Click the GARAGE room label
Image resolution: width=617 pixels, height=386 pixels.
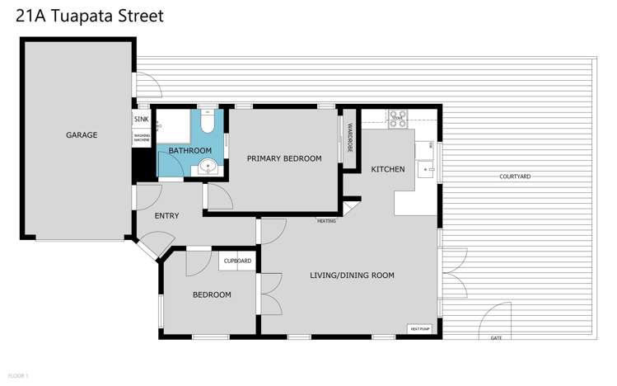[x=82, y=135]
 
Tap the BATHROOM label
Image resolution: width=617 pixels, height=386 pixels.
[x=190, y=151]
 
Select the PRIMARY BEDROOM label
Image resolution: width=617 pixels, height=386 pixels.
[x=284, y=158]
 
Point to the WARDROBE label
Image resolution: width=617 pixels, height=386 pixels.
[x=349, y=139]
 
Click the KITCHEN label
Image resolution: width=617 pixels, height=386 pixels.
[x=388, y=169]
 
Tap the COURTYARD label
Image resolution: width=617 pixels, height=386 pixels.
[x=515, y=177]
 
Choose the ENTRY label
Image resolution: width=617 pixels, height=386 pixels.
[x=167, y=216]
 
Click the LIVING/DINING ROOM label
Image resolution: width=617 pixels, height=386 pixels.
[x=352, y=275]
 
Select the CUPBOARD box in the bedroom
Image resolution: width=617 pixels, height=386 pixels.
[x=237, y=261]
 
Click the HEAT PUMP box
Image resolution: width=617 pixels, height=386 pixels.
[x=420, y=329]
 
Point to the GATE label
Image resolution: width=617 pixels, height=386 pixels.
[x=496, y=338]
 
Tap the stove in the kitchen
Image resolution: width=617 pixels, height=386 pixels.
[x=398, y=117]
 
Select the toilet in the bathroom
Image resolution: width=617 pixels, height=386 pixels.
[x=208, y=124]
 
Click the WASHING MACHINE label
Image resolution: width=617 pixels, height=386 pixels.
[x=142, y=139]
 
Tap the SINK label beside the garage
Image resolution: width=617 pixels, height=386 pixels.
[x=141, y=119]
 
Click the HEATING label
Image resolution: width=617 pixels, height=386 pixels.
[x=326, y=221]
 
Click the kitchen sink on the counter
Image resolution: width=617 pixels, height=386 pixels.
[x=426, y=170]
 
